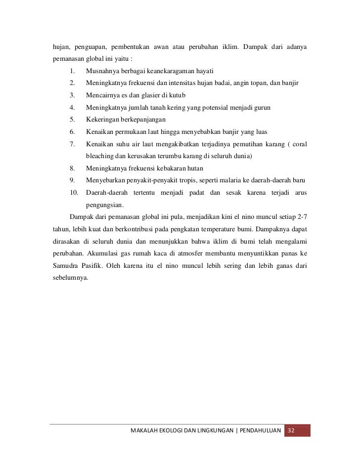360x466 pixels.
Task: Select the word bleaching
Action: pos(101,156)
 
